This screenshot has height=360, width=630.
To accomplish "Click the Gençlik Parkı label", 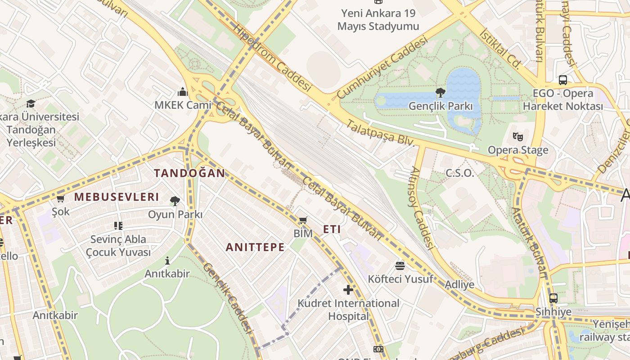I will pyautogui.click(x=441, y=106).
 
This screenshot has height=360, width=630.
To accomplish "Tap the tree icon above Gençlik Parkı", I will pyautogui.click(x=441, y=93).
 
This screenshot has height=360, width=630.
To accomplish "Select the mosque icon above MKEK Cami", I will pyautogui.click(x=183, y=92).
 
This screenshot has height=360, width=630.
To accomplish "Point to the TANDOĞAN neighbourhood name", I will pyautogui.click(x=189, y=173).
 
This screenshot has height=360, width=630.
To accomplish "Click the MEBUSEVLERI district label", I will pyautogui.click(x=117, y=197).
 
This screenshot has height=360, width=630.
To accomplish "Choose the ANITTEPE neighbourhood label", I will pyautogui.click(x=255, y=247).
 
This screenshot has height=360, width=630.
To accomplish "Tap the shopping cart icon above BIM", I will pyautogui.click(x=303, y=220).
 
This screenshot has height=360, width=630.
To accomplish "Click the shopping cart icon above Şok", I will pyautogui.click(x=60, y=198).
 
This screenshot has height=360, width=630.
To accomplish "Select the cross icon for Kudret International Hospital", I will pyautogui.click(x=348, y=289).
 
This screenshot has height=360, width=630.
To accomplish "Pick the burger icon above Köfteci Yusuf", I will pyautogui.click(x=400, y=265).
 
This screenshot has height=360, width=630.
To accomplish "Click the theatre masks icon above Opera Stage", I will pyautogui.click(x=518, y=136).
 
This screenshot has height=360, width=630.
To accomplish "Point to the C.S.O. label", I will pyautogui.click(x=459, y=173).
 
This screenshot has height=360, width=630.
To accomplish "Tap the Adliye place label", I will pyautogui.click(x=459, y=284).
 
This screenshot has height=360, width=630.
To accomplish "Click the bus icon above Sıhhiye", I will pyautogui.click(x=553, y=298).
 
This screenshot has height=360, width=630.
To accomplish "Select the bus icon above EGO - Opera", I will pyautogui.click(x=562, y=80).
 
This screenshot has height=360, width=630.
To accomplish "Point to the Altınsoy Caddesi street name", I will pyautogui.click(x=423, y=208).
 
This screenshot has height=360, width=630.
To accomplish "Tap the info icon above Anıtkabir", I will pyautogui.click(x=167, y=261).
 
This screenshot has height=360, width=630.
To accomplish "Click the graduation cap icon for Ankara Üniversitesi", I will pyautogui.click(x=31, y=103).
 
